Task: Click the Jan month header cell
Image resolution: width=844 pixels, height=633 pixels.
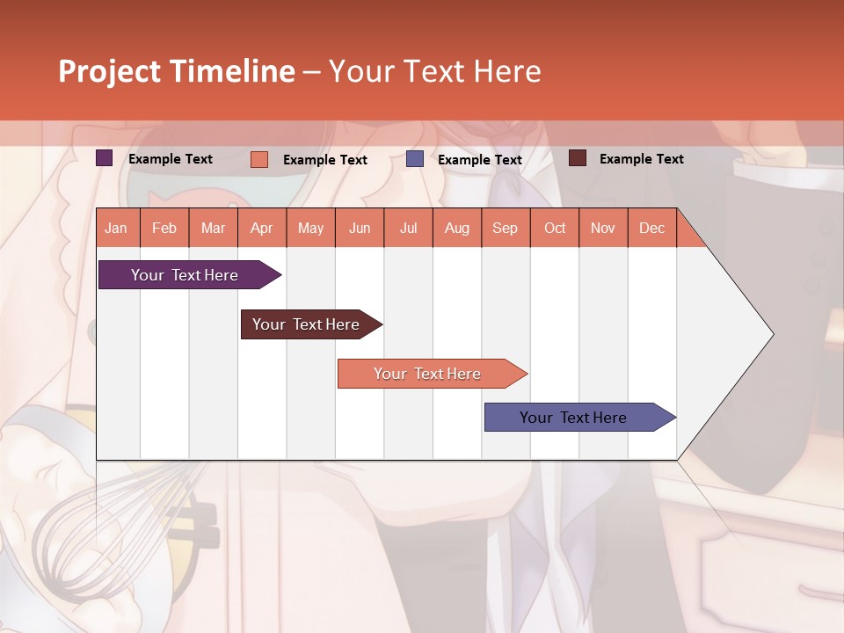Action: click(x=117, y=228)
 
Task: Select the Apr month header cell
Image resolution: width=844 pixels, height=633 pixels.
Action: click(x=262, y=228)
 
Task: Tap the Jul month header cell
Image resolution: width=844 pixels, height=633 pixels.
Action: click(x=408, y=228)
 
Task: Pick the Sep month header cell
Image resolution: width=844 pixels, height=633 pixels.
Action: click(x=506, y=228)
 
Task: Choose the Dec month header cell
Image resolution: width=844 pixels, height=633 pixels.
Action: click(x=651, y=228)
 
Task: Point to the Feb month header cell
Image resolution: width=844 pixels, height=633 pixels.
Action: click(x=164, y=228)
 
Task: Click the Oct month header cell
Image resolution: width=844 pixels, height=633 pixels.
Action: click(x=555, y=228)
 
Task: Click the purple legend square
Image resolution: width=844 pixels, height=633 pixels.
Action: click(x=105, y=158)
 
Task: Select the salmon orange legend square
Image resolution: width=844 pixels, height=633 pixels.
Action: click(x=259, y=159)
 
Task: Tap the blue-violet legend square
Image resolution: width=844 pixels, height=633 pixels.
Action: click(x=415, y=159)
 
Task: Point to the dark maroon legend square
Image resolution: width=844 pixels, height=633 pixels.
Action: click(x=578, y=158)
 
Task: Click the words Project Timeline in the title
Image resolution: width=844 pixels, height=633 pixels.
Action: click(x=177, y=71)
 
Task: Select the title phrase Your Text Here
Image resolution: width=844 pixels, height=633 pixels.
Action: click(x=434, y=71)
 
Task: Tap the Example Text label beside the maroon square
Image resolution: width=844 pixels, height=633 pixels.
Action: click(x=641, y=159)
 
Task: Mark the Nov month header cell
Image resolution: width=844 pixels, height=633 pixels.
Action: click(x=603, y=228)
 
